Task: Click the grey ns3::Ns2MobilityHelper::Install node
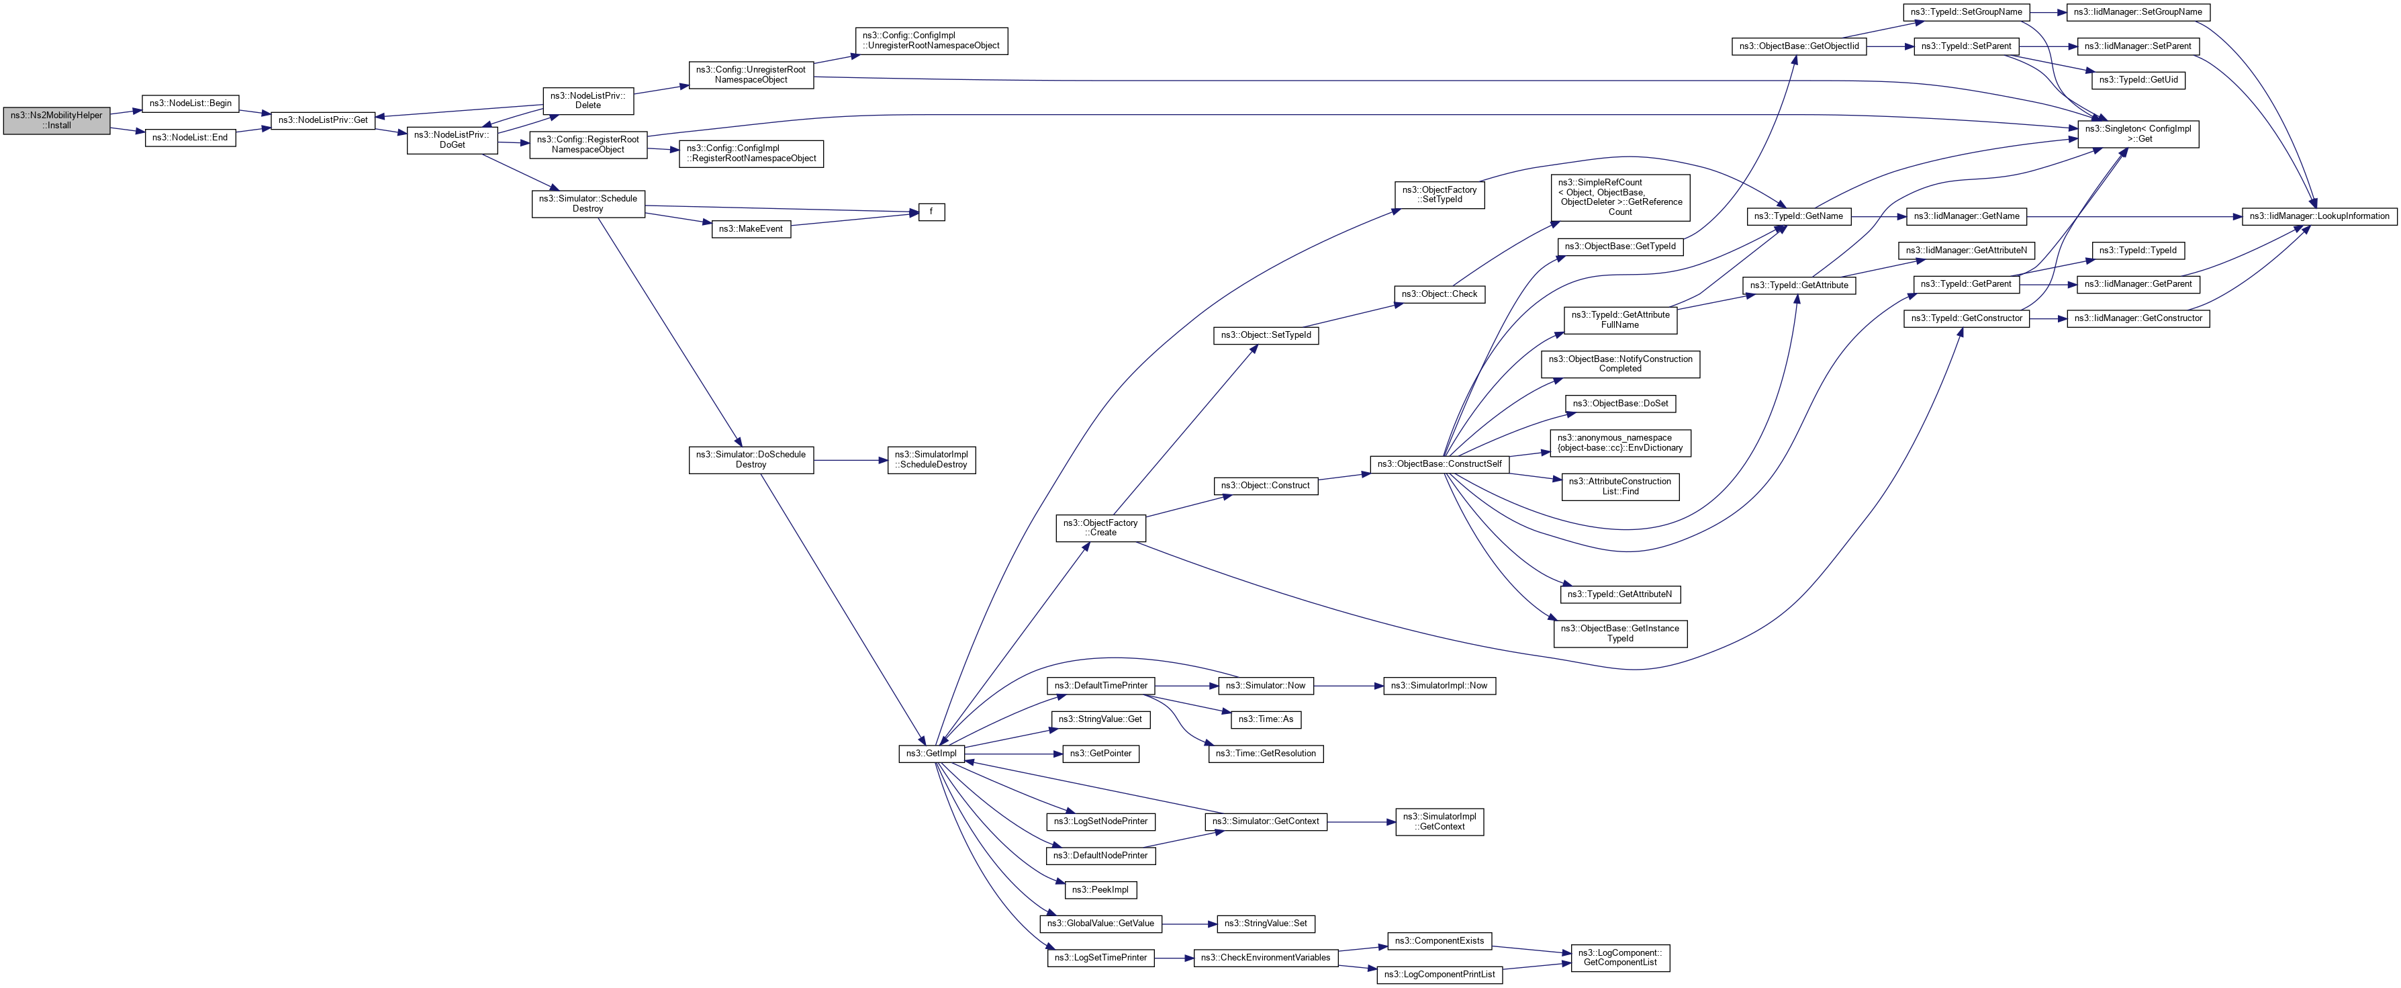56,120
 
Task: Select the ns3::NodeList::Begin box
190,103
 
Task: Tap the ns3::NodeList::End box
190,138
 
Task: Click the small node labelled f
931,212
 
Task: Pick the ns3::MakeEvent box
751,229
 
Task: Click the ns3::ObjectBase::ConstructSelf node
1439,464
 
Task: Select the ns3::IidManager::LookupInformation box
2318,216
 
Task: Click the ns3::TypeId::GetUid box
2138,80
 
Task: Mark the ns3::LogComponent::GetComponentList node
1620,958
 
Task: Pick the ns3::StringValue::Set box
1266,924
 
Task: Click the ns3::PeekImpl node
1100,890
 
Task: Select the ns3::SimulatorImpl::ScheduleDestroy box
931,461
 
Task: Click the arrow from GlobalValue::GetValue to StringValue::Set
1189,924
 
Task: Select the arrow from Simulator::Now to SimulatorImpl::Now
1348,686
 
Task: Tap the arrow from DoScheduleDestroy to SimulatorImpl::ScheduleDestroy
850,461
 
